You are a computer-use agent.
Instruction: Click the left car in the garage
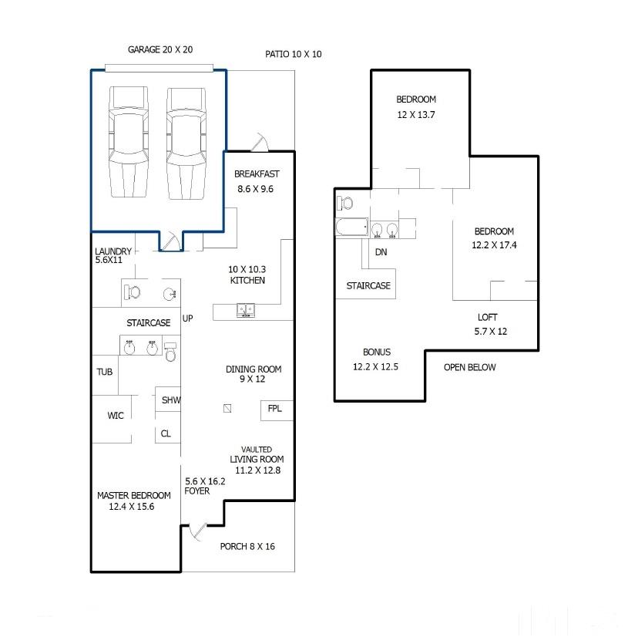pyautogui.click(x=129, y=142)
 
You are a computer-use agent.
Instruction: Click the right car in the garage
pyautogui.click(x=186, y=143)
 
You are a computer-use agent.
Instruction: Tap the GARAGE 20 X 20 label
pyautogui.click(x=160, y=49)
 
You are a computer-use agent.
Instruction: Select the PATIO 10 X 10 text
pyautogui.click(x=293, y=54)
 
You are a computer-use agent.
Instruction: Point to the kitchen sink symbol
pyautogui.click(x=246, y=310)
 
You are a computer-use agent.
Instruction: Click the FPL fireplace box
pyautogui.click(x=277, y=410)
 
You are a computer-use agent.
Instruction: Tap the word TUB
pyautogui.click(x=104, y=372)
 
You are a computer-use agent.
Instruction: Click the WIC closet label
pyautogui.click(x=116, y=415)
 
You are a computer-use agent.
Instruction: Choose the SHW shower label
pyautogui.click(x=171, y=400)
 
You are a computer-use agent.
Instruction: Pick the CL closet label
pyautogui.click(x=166, y=433)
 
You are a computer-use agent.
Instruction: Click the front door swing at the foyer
pyautogui.click(x=197, y=532)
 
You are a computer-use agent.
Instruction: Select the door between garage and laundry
pyautogui.click(x=170, y=241)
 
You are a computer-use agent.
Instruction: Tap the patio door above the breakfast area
pyautogui.click(x=260, y=142)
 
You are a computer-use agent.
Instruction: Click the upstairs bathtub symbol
pyautogui.click(x=352, y=227)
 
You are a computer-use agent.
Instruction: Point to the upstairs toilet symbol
pyautogui.click(x=344, y=203)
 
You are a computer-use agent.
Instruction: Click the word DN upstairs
pyautogui.click(x=381, y=252)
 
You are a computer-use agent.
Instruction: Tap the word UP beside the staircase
pyautogui.click(x=187, y=319)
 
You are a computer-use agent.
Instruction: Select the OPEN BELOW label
pyautogui.click(x=469, y=367)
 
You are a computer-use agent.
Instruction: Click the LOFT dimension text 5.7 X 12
pyautogui.click(x=491, y=332)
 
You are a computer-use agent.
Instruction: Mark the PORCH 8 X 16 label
pyautogui.click(x=247, y=547)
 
